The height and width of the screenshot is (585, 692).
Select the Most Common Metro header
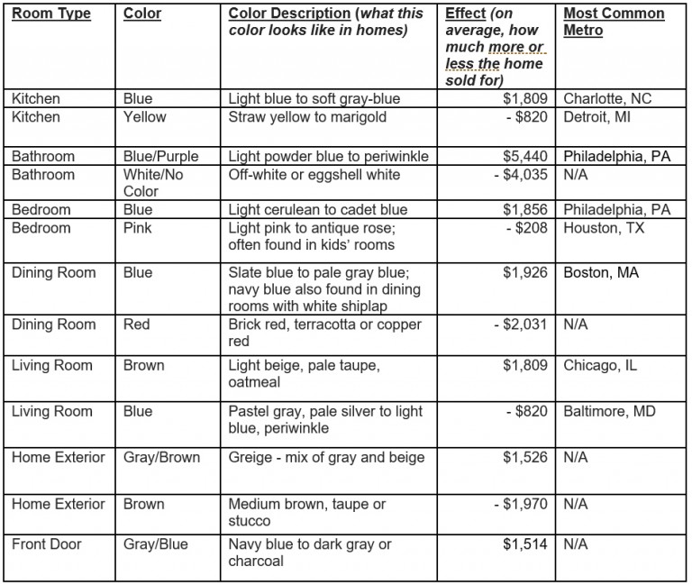[614, 23]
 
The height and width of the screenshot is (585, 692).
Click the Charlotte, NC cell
[606, 99]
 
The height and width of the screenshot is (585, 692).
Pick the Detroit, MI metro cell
[598, 117]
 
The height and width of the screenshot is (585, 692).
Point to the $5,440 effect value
[525, 157]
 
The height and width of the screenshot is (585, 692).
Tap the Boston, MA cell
[601, 272]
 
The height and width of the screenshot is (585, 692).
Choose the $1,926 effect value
[525, 272]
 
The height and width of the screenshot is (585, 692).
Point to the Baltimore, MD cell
[610, 412]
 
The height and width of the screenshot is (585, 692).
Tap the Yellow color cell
[145, 117]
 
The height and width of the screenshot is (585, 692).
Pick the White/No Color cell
[153, 183]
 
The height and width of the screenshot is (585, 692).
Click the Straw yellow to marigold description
[307, 117]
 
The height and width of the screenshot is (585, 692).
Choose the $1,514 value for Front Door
[525, 544]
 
